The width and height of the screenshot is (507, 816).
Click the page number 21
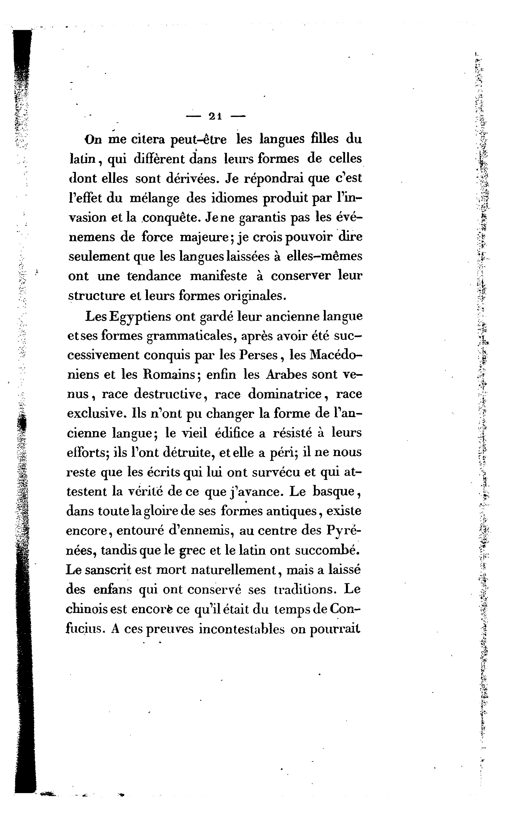pyautogui.click(x=215, y=116)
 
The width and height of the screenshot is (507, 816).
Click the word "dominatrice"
pyautogui.click(x=285, y=394)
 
